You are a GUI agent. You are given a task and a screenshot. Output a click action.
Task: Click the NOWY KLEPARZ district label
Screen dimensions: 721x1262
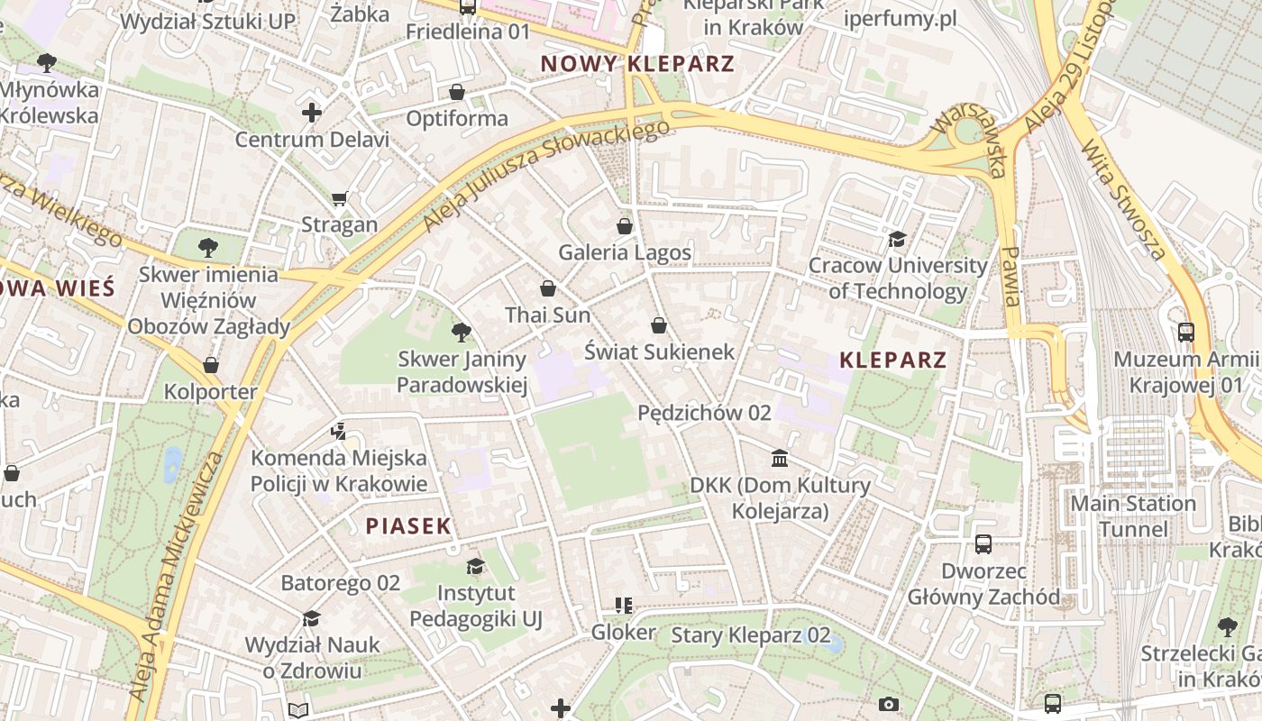pyautogui.click(x=637, y=64)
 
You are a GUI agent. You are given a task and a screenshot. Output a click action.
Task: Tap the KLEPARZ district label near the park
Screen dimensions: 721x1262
pyautogui.click(x=892, y=360)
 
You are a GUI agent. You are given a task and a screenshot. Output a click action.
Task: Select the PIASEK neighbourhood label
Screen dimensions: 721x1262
pyautogui.click(x=407, y=526)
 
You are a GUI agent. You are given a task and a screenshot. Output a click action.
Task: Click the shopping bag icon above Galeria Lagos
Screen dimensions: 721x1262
pyautogui.click(x=625, y=225)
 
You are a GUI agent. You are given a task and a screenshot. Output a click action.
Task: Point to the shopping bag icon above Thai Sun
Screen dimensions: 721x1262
pyautogui.click(x=547, y=288)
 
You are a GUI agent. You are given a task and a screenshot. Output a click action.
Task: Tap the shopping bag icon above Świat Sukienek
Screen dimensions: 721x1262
pyautogui.click(x=659, y=324)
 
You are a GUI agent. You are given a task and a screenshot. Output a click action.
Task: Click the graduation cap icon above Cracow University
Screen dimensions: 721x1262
pyautogui.click(x=897, y=239)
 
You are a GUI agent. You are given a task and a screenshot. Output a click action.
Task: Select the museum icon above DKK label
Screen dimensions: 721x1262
pyautogui.click(x=780, y=459)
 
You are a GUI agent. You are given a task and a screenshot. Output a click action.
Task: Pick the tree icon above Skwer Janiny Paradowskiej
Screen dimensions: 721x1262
pyautogui.click(x=462, y=333)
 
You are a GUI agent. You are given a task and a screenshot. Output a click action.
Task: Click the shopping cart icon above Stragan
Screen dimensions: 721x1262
pyautogui.click(x=339, y=198)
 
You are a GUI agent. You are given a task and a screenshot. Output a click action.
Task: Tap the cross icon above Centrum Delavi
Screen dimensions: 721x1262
pyautogui.click(x=312, y=113)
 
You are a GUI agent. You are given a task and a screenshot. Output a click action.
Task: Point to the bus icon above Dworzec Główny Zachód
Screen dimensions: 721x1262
pyautogui.click(x=983, y=544)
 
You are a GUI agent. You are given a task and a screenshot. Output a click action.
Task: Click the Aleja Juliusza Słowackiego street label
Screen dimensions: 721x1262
pyautogui.click(x=547, y=174)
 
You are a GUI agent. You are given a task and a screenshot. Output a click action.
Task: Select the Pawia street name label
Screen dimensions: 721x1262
pyautogui.click(x=1012, y=276)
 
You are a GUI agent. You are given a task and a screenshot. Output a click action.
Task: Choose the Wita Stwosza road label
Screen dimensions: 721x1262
pyautogui.click(x=1123, y=199)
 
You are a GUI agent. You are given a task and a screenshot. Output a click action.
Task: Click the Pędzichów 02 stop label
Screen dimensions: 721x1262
pyautogui.click(x=704, y=413)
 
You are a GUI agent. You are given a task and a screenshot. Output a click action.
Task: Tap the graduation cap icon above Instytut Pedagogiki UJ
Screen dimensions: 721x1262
pyautogui.click(x=475, y=566)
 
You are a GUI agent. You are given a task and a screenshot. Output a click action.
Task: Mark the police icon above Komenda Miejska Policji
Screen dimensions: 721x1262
pyautogui.click(x=338, y=432)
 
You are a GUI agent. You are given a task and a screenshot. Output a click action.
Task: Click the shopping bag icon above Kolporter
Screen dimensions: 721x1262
pyautogui.click(x=211, y=365)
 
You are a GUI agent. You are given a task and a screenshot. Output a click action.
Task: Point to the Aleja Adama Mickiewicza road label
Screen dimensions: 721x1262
pyautogui.click(x=177, y=577)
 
